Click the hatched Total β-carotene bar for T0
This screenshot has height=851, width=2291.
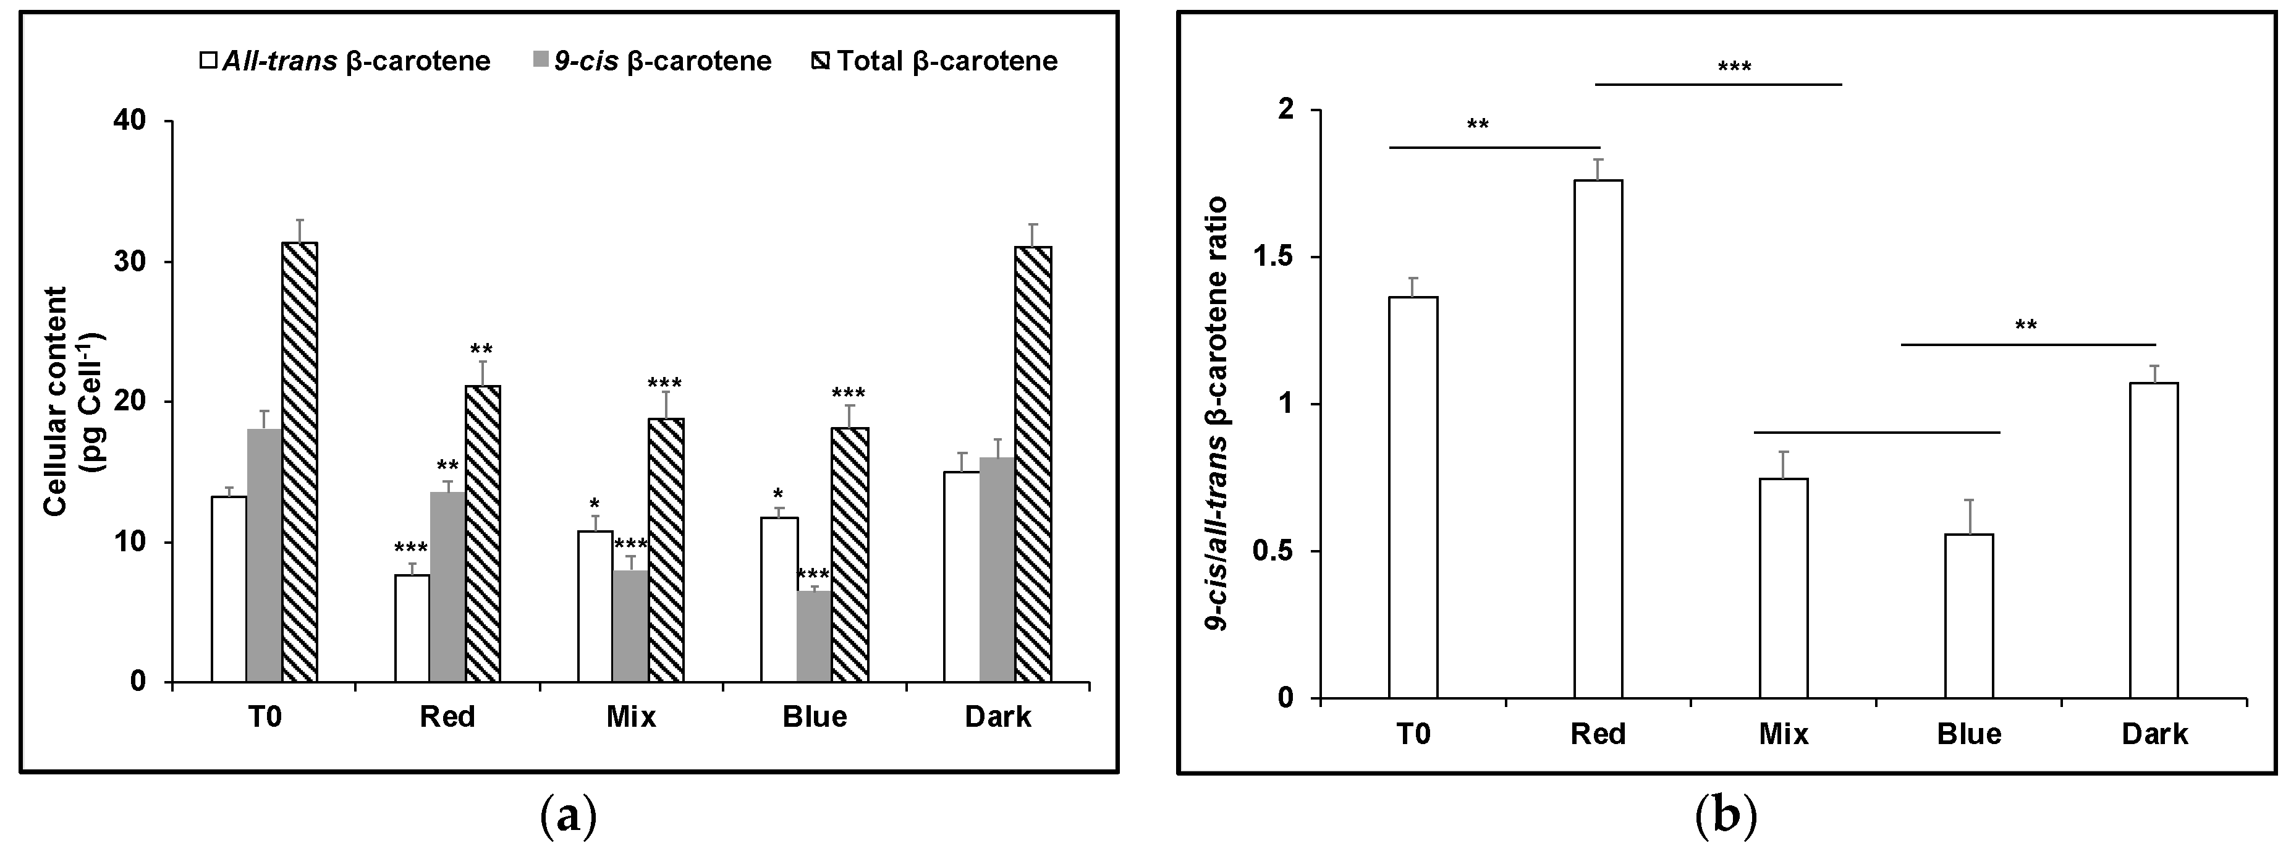(x=300, y=462)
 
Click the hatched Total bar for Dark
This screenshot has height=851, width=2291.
(x=1033, y=464)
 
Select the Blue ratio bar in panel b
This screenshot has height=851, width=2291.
(x=1969, y=616)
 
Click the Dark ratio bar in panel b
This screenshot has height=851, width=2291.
(x=2154, y=540)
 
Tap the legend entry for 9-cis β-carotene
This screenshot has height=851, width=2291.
(x=653, y=61)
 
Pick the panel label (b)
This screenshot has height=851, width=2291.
(x=1726, y=815)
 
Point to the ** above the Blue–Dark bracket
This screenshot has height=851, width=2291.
(x=2025, y=326)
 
